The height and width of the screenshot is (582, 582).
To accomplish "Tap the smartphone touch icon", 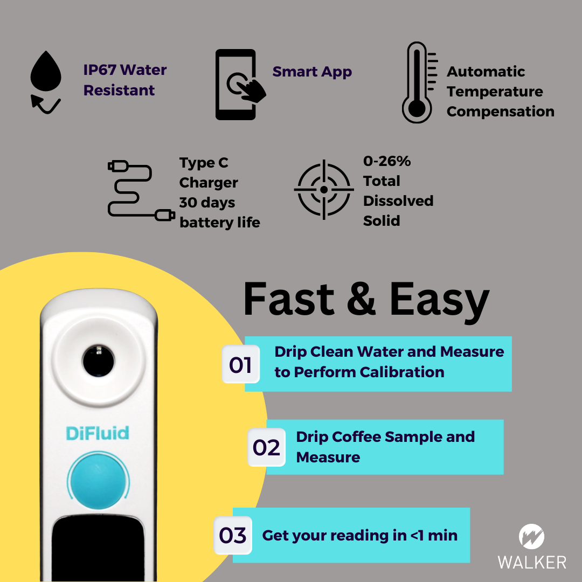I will [237, 85].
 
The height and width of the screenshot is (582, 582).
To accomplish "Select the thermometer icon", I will [418, 84].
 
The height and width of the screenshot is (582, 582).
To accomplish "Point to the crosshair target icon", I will [323, 190].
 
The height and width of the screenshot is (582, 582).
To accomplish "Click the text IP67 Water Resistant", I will [125, 80].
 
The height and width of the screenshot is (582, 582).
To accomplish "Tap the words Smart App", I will [312, 72].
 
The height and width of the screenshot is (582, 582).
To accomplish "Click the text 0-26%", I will [387, 161].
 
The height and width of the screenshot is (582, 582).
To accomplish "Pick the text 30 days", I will [207, 203].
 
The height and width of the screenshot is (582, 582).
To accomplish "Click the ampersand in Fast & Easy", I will [362, 299].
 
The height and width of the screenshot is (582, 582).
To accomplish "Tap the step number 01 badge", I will [240, 365].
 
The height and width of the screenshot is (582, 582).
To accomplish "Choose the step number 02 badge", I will [266, 447].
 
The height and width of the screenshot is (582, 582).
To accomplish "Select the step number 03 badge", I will [233, 536].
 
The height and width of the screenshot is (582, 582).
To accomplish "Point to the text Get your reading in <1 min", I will [359, 536].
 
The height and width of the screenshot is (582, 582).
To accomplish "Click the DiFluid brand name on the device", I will [98, 433].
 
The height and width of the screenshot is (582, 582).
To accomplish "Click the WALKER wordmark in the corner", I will [531, 562].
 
